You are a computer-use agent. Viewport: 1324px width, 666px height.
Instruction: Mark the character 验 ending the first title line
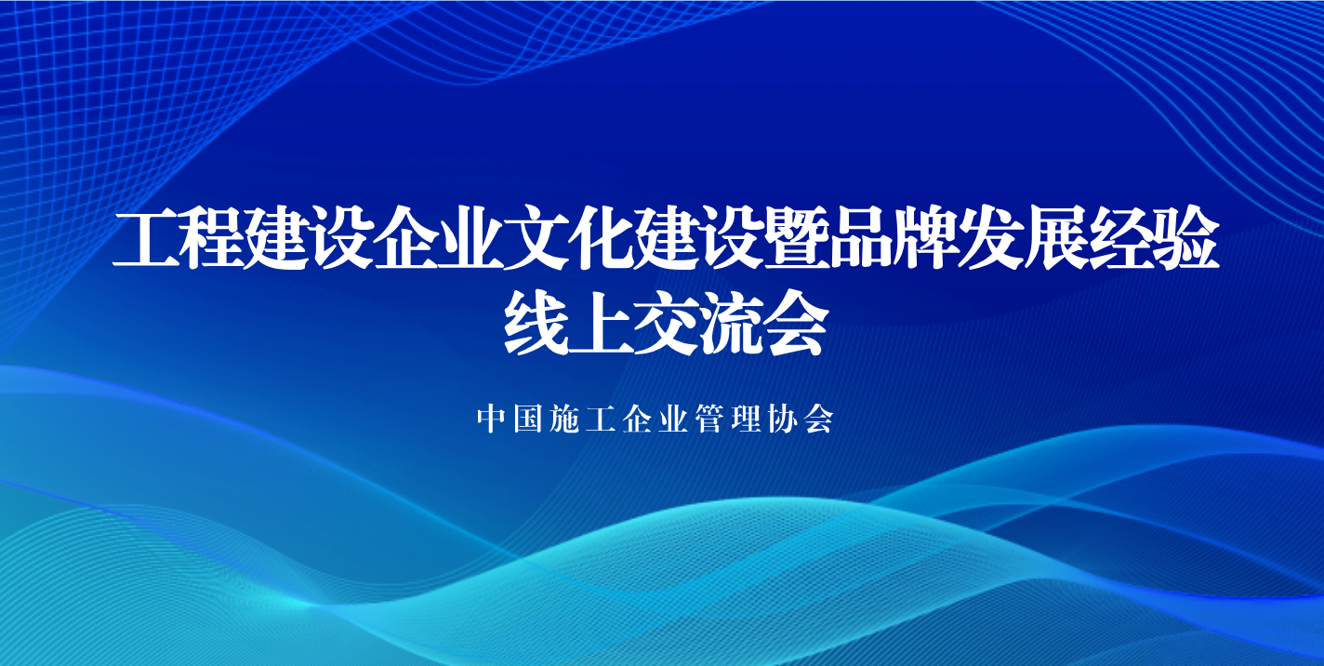click(x=1189, y=238)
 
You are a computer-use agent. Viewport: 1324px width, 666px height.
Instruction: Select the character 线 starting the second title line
click(x=536, y=323)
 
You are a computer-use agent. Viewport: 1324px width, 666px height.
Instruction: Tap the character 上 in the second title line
click(x=601, y=323)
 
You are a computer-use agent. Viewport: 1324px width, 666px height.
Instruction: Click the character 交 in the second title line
click(x=666, y=323)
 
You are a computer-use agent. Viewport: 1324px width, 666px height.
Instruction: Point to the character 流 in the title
click(x=731, y=323)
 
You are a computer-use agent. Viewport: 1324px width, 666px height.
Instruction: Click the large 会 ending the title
click(x=796, y=323)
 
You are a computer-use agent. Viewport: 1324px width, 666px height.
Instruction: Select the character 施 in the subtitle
click(x=564, y=420)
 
